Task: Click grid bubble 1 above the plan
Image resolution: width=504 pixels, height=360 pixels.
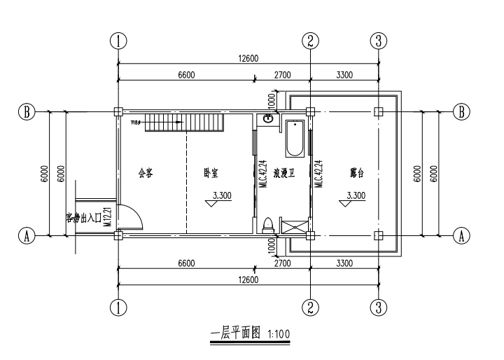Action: click(x=120, y=41)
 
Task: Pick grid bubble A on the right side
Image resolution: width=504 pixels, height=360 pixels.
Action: click(x=461, y=236)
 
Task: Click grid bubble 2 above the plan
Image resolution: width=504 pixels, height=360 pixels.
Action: click(x=311, y=41)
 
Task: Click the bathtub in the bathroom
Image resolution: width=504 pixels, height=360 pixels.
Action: click(x=294, y=139)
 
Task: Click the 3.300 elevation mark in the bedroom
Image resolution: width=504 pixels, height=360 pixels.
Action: click(x=221, y=196)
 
